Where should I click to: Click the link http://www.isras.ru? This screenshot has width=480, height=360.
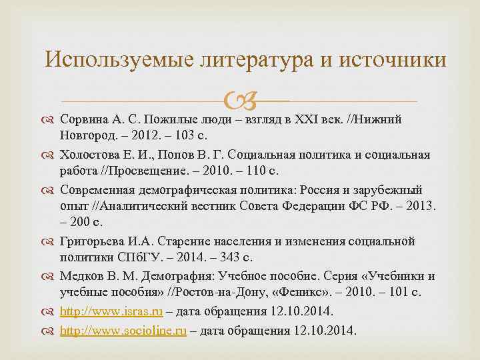tap(111, 311)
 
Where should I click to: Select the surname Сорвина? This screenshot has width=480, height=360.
tap(83, 120)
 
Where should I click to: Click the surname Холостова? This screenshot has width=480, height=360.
tap(89, 155)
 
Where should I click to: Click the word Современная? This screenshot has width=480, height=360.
tap(96, 189)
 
